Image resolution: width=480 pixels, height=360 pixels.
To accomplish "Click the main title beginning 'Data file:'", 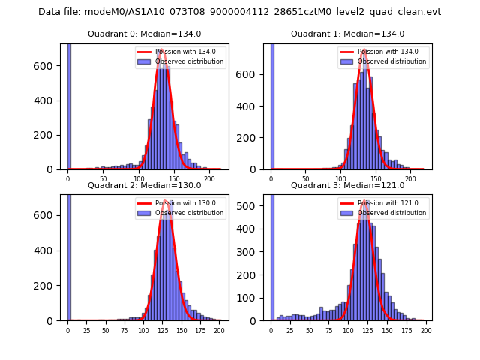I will click(239, 12).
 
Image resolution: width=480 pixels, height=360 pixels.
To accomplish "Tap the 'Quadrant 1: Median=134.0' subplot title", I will click(347, 34).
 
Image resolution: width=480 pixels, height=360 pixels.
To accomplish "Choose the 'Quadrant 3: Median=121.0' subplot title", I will click(347, 185).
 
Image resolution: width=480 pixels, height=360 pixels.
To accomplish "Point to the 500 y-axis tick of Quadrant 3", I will click(252, 205).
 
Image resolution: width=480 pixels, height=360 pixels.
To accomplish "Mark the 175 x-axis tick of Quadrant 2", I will click(199, 330).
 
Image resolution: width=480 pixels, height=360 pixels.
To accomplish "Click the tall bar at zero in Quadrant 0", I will click(68, 105).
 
